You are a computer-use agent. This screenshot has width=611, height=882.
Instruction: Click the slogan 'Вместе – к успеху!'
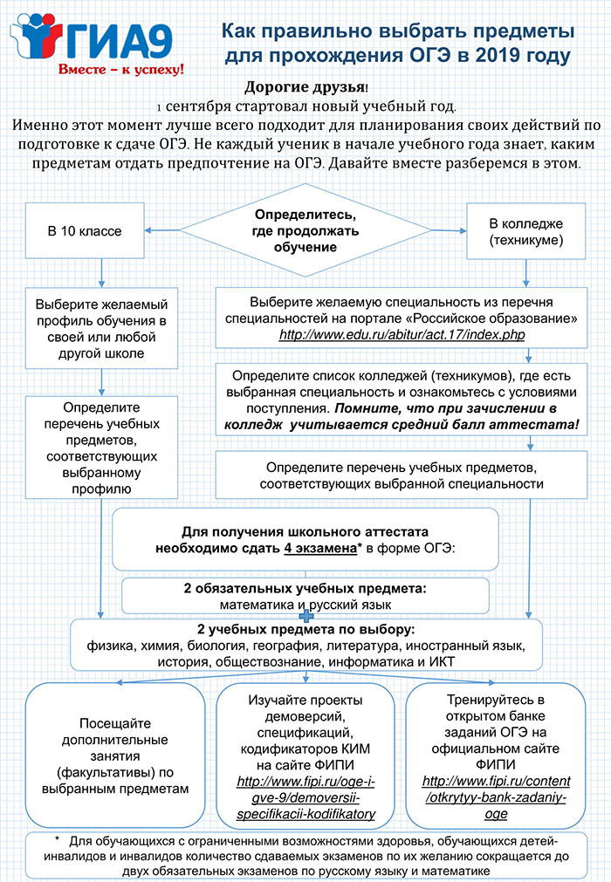point(121,69)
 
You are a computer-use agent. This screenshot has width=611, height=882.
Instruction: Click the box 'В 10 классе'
point(85,230)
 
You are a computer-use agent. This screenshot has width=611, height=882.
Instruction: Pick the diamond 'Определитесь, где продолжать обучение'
point(305,230)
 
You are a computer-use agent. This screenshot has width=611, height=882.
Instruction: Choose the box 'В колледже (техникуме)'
point(526,231)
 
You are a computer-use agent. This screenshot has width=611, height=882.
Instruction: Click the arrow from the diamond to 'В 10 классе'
point(162,230)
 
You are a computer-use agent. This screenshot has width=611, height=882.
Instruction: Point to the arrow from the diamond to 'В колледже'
point(449,230)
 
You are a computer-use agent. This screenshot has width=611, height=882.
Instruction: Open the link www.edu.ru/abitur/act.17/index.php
point(402,335)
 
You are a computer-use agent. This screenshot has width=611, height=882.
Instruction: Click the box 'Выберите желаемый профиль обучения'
point(101,329)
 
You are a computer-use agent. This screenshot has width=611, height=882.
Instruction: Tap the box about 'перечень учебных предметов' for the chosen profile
point(101,448)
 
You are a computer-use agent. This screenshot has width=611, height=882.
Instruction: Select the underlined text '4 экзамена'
point(320,548)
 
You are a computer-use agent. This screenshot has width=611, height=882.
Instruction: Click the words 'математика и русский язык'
point(305,605)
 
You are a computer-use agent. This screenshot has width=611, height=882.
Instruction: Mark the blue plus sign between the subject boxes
point(305,616)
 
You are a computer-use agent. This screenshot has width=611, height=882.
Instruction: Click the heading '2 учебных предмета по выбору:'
point(305,629)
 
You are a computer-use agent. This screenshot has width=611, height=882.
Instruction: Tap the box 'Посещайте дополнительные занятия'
point(115,756)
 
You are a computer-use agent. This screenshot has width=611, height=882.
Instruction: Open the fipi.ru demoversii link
point(305,797)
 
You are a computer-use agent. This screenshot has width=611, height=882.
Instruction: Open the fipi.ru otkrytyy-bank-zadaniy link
point(496,797)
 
